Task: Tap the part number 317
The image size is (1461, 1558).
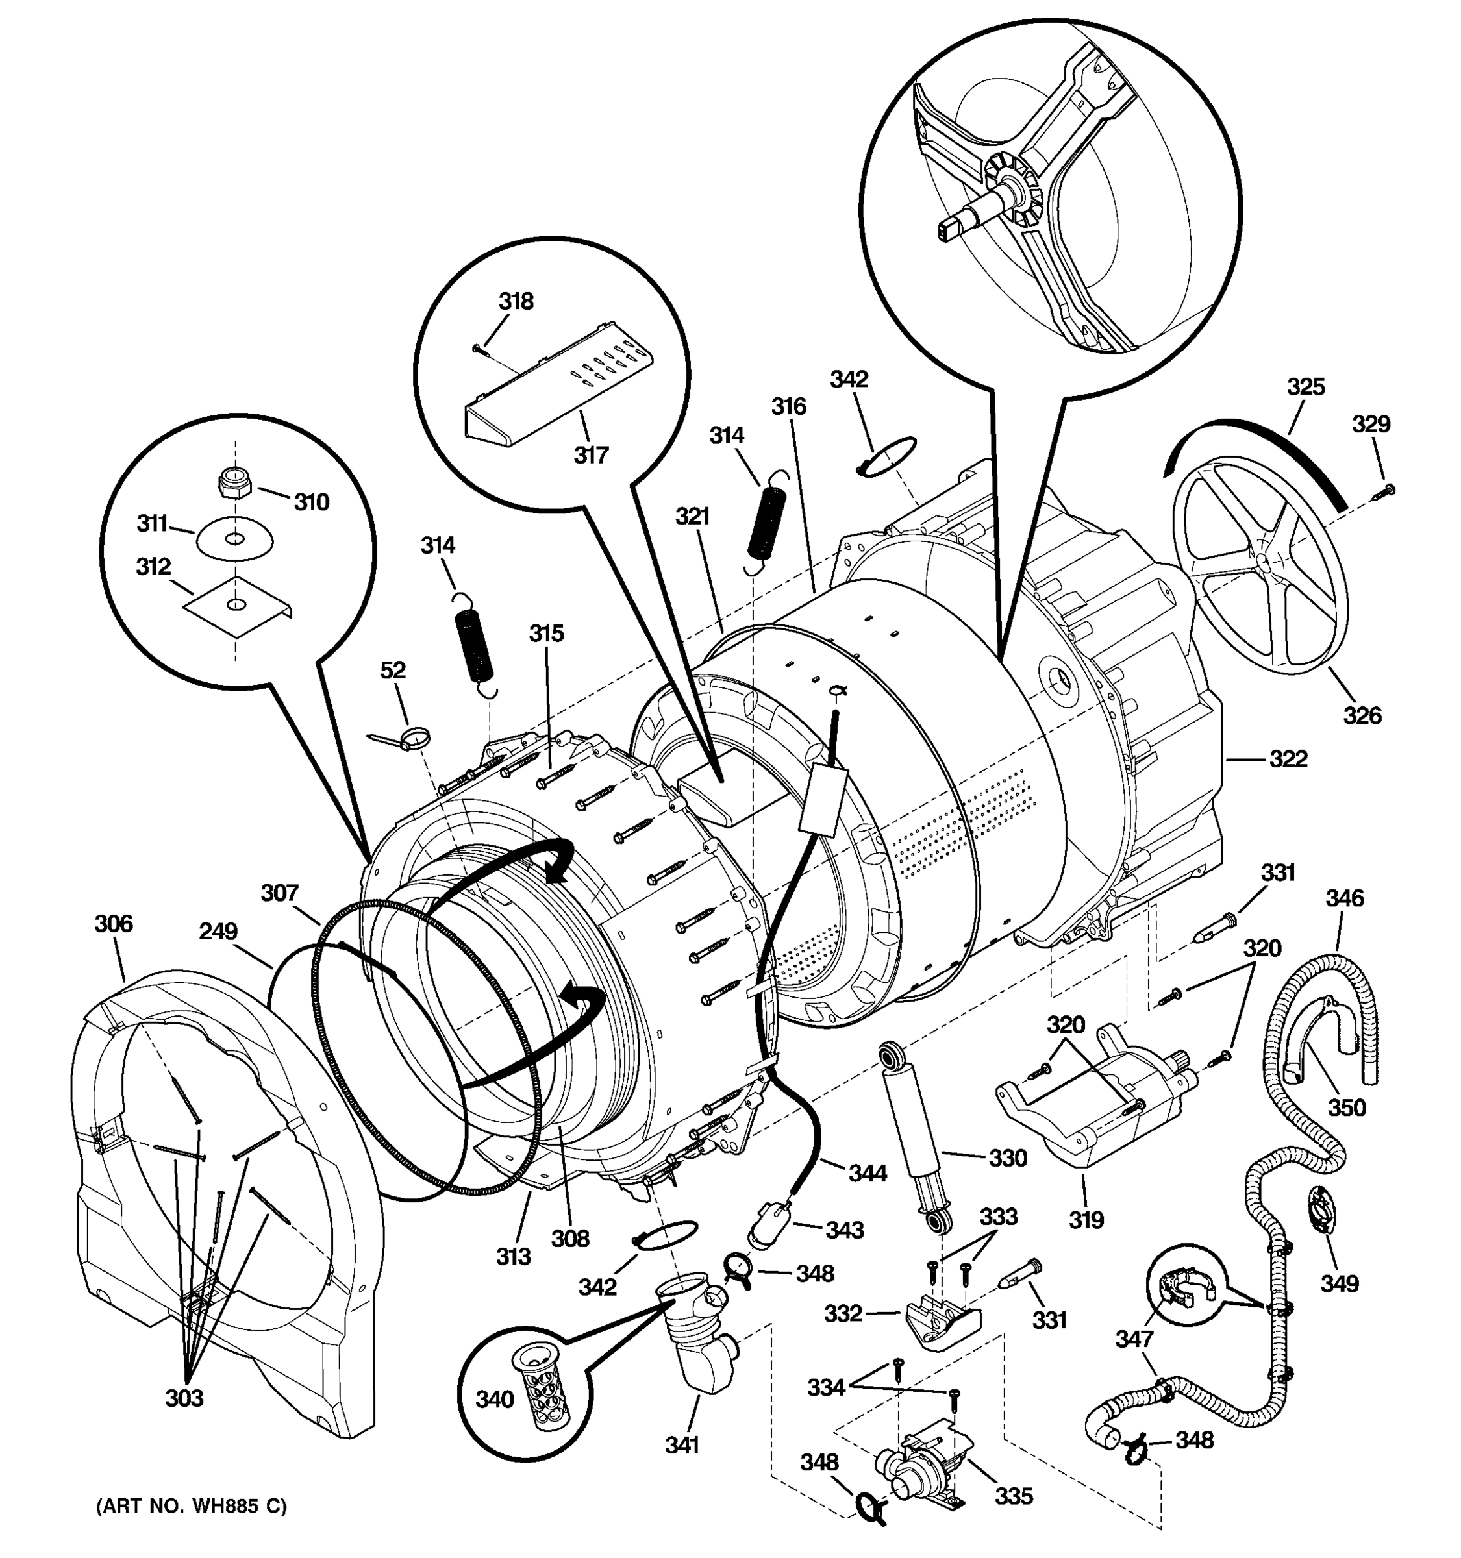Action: pyautogui.click(x=591, y=454)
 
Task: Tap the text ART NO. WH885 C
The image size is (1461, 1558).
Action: pyautogui.click(x=192, y=1506)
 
